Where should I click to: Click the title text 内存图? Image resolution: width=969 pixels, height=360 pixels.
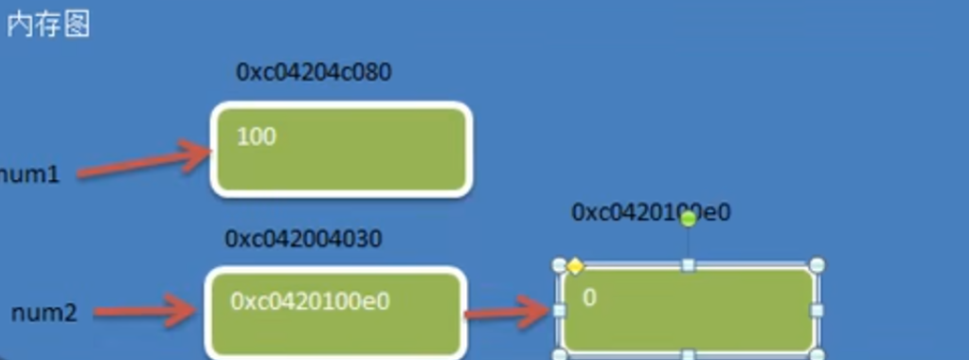pos(47,25)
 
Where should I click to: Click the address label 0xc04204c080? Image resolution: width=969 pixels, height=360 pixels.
pos(314,73)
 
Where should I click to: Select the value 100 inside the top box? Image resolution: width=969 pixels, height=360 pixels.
pos(256,136)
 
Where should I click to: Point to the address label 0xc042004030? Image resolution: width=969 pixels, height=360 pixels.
pos(303,238)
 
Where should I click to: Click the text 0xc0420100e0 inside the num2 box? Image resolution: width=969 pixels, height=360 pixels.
pos(310,301)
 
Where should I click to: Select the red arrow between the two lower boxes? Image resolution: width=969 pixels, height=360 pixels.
pos(507,311)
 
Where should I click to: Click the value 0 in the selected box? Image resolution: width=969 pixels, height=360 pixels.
pos(589,297)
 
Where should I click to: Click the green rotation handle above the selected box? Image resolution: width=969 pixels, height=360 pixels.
pos(689,219)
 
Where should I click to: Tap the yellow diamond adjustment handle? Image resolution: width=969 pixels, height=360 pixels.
pos(575,266)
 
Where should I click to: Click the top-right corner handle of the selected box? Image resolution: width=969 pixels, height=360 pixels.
pos(817,264)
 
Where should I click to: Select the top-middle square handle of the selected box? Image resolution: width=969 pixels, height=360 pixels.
pos(689,264)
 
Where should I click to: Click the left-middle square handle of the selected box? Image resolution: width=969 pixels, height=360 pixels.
pos(559,310)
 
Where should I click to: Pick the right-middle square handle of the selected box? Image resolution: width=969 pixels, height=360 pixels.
pos(817,310)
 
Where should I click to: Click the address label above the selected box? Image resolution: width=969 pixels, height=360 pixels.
pos(651,212)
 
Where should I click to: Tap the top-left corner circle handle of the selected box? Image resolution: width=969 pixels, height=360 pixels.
pos(560,264)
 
